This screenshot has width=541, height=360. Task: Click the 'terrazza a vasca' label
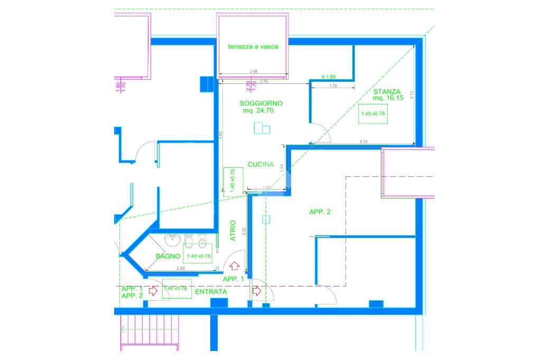click(x=253, y=46)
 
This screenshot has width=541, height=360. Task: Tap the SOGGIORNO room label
click(x=261, y=103)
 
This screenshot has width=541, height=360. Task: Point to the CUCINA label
click(x=260, y=165)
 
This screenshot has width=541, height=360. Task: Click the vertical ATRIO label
click(x=233, y=231)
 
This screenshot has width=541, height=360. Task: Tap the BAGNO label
click(x=168, y=256)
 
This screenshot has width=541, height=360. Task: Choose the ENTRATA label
click(x=211, y=291)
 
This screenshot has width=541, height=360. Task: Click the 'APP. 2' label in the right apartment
click(x=320, y=212)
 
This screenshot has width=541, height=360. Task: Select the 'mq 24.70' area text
click(x=260, y=111)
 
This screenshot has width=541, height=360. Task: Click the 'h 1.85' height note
click(x=329, y=77)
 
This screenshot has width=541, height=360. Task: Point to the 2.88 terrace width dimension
click(x=254, y=72)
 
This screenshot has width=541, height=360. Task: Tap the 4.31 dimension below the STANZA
click(x=363, y=141)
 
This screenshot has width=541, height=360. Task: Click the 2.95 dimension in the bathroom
click(x=180, y=269)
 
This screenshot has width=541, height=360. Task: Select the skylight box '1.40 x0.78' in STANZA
click(x=373, y=113)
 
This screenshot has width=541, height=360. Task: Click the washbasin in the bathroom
click(x=172, y=241)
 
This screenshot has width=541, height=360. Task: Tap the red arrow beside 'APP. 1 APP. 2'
click(x=154, y=290)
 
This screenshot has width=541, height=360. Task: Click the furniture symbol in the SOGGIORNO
click(x=262, y=128)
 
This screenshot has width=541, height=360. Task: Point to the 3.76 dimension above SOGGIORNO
click(x=264, y=81)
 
